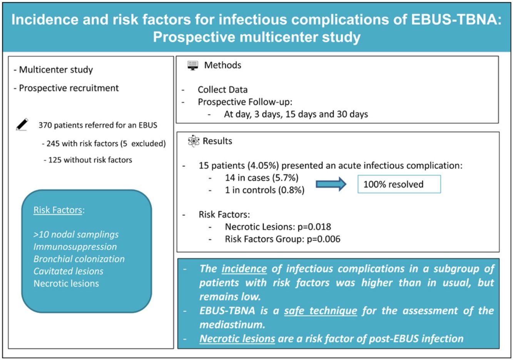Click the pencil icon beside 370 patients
[22, 125]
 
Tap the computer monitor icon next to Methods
[192, 65]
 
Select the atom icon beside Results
[194, 141]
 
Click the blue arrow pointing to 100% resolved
[331, 184]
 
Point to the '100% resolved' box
[399, 184]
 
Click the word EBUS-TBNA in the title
[456, 20]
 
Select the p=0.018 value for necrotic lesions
[314, 227]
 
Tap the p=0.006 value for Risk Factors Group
[324, 239]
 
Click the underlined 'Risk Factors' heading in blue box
[58, 210]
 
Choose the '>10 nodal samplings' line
[76, 235]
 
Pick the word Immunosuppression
[75, 247]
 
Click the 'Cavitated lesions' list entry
[69, 271]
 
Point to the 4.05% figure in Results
[263, 165]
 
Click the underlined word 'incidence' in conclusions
[244, 269]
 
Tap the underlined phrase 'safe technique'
[321, 311]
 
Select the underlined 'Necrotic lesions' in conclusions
[237, 339]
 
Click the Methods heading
[222, 65]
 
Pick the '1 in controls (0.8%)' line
[265, 190]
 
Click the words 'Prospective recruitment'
[69, 88]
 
